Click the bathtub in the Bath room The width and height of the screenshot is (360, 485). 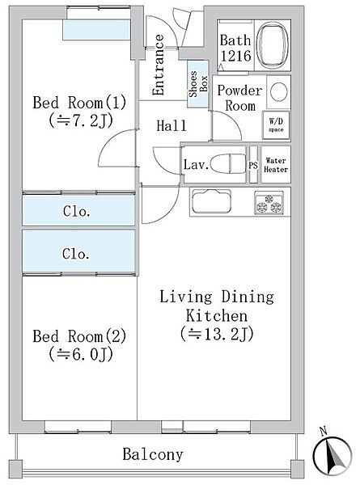tap(273, 45)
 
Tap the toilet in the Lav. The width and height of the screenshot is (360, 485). tap(227, 164)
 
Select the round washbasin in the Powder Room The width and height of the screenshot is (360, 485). tap(278, 92)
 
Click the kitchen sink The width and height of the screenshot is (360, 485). tap(211, 201)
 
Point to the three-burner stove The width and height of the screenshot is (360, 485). tap(269, 203)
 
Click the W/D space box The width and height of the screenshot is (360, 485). tap(276, 125)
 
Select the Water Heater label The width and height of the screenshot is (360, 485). tap(276, 165)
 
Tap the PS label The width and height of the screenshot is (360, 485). tap(253, 166)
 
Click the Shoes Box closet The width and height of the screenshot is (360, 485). tap(198, 84)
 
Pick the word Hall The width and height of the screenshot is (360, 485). tap(172, 125)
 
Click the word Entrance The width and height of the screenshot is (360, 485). tap(159, 65)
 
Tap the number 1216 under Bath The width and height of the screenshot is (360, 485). tap(235, 56)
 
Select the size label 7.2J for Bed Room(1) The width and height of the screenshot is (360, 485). tap(81, 120)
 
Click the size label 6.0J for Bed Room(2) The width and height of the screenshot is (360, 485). tap(81, 354)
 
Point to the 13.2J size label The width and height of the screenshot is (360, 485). tap(218, 334)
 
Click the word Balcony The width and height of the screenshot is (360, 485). tap(153, 454)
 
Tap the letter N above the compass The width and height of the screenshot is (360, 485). tap(324, 431)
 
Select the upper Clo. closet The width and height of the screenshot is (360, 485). tap(78, 210)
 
